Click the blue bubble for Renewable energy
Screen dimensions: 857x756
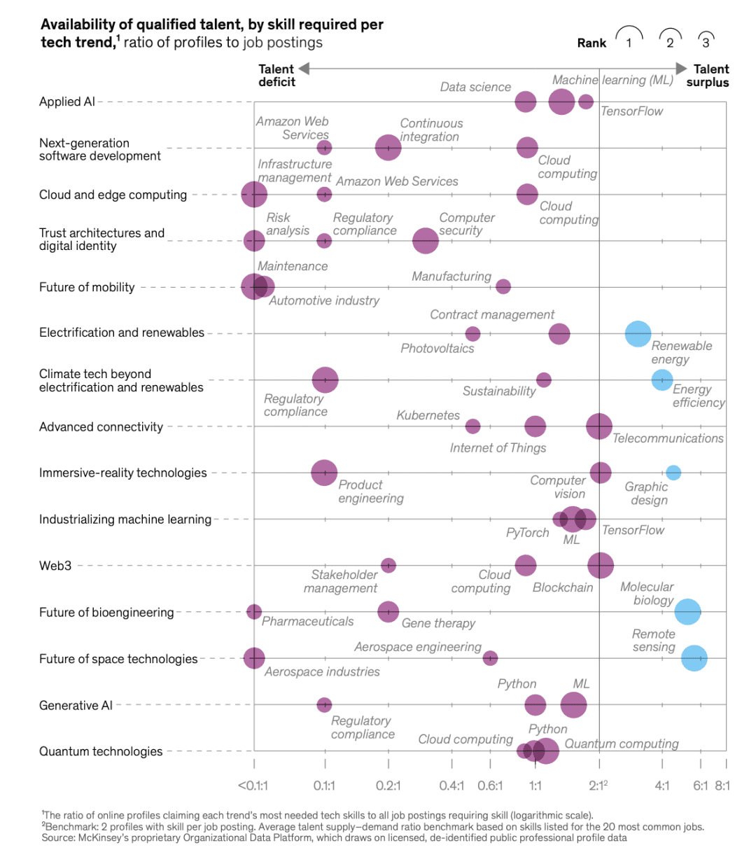638,334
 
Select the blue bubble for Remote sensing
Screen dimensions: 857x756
694,658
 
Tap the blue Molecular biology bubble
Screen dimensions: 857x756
688,612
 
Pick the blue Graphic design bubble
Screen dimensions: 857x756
673,473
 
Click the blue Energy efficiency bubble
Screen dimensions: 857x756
662,380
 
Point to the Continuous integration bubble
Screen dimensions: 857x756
388,148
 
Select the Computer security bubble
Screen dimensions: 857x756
426,241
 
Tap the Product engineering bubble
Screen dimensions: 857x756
324,473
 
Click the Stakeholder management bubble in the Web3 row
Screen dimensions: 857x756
388,565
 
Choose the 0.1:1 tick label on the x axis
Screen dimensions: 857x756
324,786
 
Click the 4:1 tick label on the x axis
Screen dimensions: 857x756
662,786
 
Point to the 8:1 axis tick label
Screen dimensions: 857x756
722,786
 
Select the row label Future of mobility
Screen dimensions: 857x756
87,287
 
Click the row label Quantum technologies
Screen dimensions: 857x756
101,751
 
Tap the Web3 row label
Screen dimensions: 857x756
55,566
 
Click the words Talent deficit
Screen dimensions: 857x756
276,76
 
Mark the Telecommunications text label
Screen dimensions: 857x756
668,438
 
